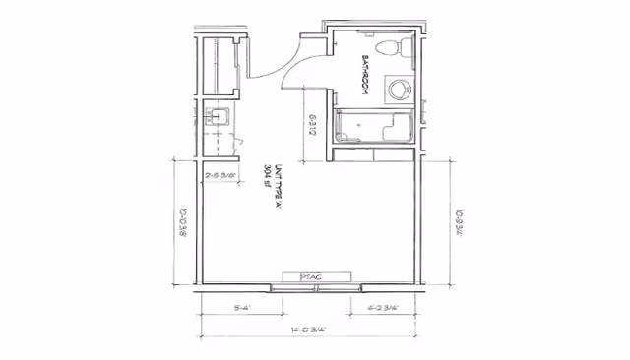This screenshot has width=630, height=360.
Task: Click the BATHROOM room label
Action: [363, 75]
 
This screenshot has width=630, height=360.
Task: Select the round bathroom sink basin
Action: [399, 90]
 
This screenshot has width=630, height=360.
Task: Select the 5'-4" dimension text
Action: [240, 308]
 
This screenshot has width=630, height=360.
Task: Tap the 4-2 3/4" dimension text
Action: [382, 308]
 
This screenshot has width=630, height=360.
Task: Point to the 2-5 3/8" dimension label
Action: [223, 177]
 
